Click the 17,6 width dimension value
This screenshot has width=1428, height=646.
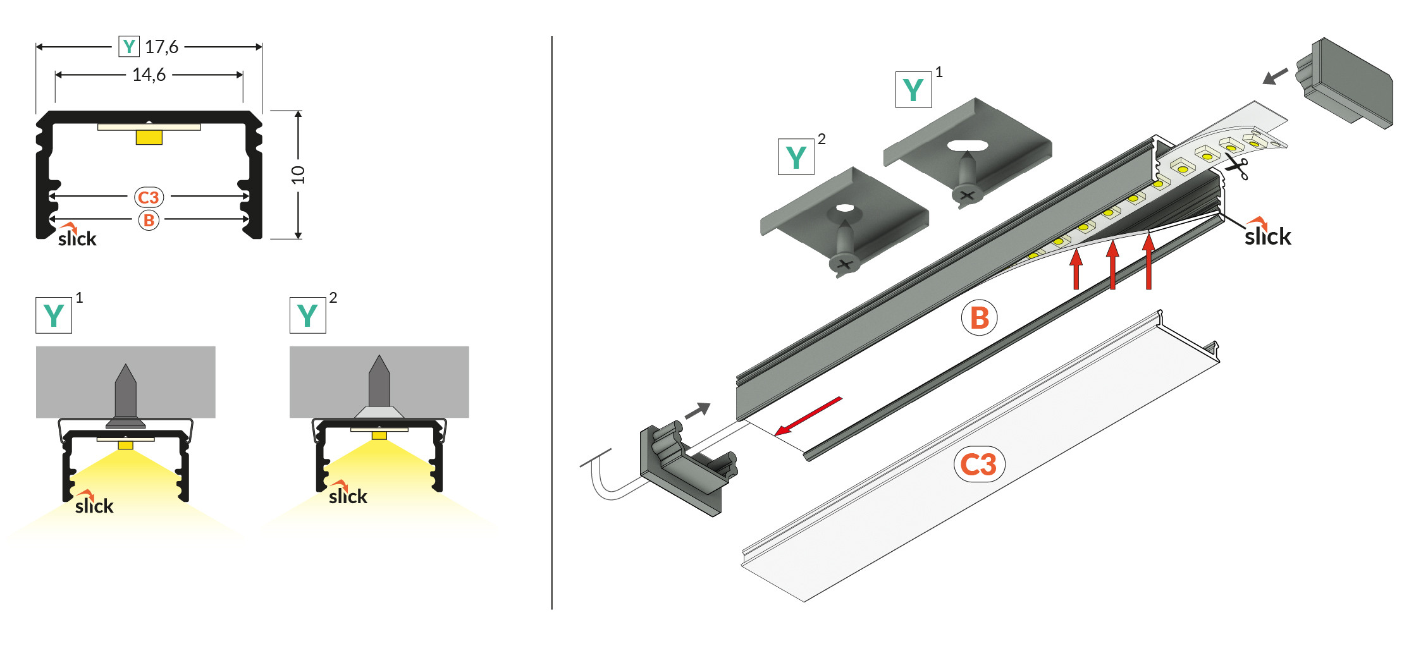(x=161, y=47)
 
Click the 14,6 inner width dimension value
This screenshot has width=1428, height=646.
(x=149, y=75)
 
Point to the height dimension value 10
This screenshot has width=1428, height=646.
(x=298, y=174)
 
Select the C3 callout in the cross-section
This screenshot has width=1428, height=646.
(x=149, y=197)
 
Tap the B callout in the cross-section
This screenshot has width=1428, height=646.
(x=149, y=220)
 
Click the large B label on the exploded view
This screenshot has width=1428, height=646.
(x=979, y=317)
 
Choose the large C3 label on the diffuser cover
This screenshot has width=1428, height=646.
(x=978, y=465)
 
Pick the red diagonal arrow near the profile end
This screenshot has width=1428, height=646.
(x=808, y=416)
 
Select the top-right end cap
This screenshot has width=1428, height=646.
(x=1345, y=82)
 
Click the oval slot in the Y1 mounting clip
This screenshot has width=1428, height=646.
(x=968, y=145)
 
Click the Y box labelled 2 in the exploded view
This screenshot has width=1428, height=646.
(x=796, y=157)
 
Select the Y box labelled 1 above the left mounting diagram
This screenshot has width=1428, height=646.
(x=54, y=315)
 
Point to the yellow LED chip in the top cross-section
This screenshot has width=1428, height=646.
(x=149, y=137)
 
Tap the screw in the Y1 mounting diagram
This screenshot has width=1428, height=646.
(x=126, y=396)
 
